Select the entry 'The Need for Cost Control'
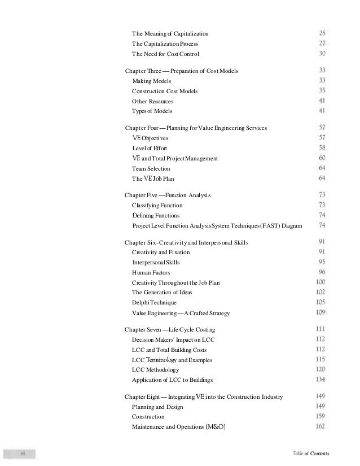[165, 54]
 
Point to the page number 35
[321, 91]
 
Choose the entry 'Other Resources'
[152, 101]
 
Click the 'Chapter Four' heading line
[195, 128]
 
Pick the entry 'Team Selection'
[151, 168]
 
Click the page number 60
[321, 158]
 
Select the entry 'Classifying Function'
[157, 205]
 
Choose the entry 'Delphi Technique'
[154, 303]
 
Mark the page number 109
[321, 312]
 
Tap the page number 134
[320, 379]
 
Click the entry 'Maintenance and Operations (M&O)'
[178, 426]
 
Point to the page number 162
[320, 426]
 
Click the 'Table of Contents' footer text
[310, 454]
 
